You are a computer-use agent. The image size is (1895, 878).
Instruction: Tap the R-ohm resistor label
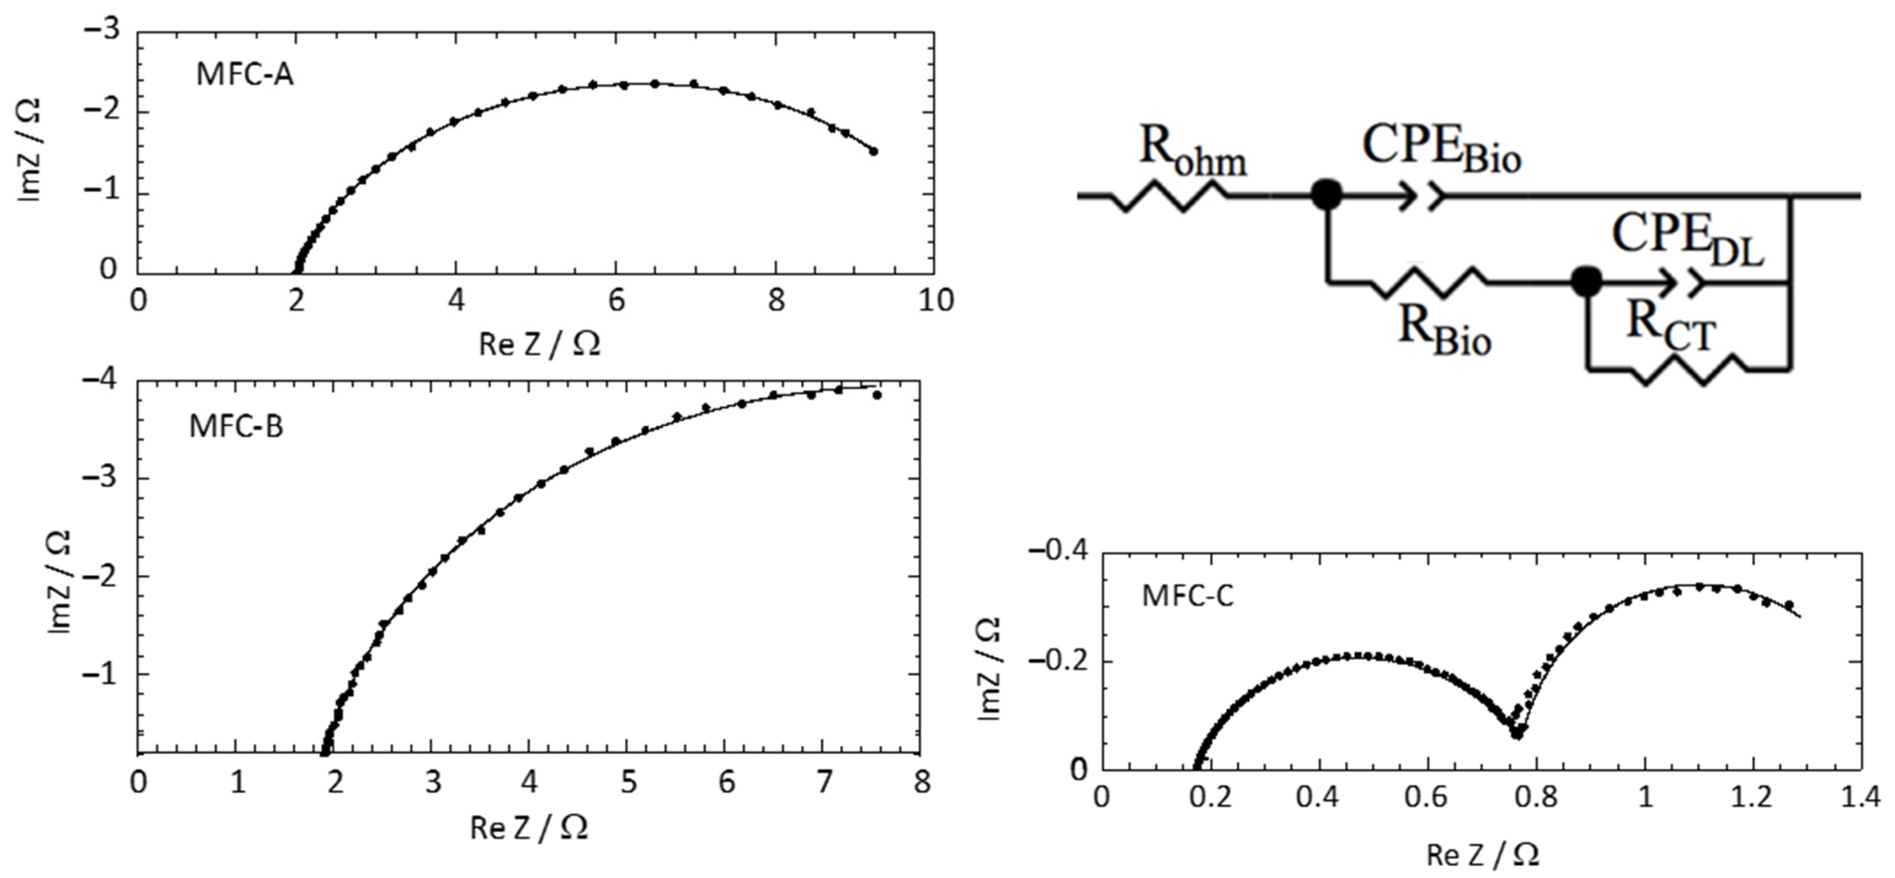point(1192,152)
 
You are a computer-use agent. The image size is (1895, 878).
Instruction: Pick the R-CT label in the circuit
point(1670,324)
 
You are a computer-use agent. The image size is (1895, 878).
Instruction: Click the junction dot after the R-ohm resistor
point(1326,195)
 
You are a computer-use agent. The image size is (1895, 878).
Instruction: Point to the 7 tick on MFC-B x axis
point(824,781)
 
